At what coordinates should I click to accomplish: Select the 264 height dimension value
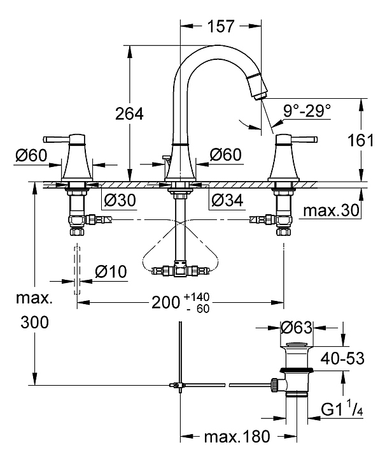coord(129,113)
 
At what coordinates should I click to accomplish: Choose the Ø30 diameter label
coord(118,199)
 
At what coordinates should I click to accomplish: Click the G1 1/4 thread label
coord(341,407)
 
